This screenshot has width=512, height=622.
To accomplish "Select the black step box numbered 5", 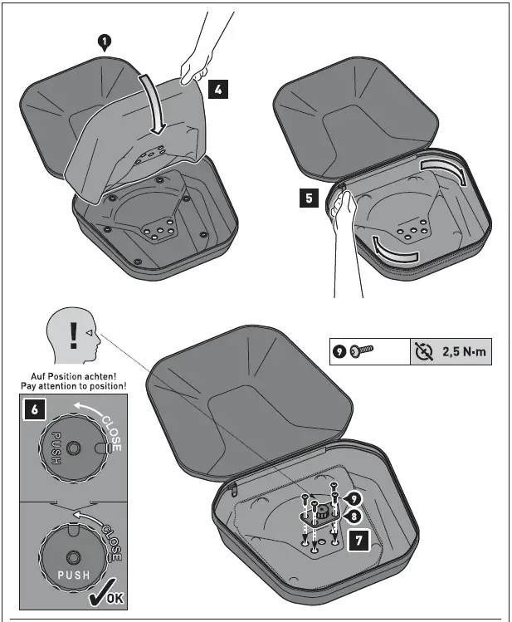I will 308,200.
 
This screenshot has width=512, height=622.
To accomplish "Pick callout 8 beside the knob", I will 354,514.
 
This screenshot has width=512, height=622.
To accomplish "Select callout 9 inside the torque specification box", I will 339,353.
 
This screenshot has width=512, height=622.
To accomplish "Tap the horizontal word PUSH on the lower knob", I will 73,575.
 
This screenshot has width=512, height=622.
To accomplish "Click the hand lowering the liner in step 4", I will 196,69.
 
